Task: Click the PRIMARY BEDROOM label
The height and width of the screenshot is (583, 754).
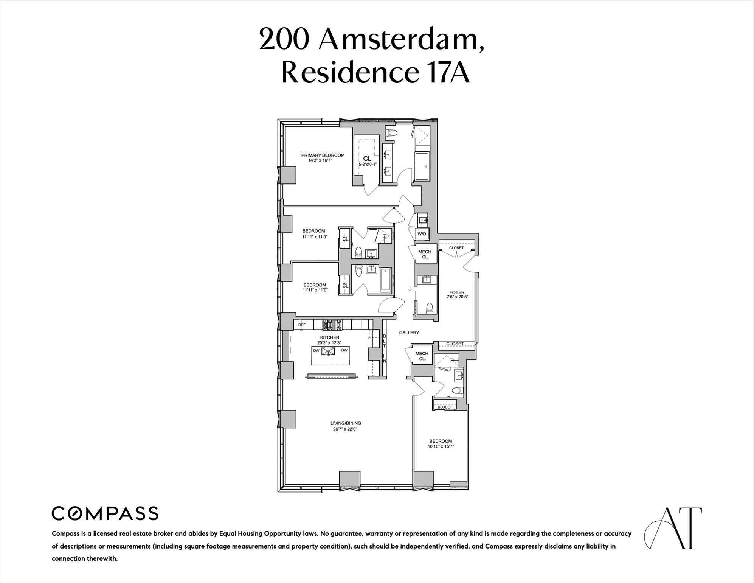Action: tap(323, 155)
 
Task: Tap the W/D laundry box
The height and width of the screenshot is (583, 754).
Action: tap(422, 234)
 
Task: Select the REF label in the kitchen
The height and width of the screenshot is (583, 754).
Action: tap(302, 325)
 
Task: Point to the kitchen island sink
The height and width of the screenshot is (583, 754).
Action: tap(328, 351)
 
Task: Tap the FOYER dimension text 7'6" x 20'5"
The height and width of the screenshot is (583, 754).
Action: tap(457, 297)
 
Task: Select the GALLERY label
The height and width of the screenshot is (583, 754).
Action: tap(409, 333)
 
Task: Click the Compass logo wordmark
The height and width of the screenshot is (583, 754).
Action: tap(105, 513)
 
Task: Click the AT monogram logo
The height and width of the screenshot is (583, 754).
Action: tap(673, 528)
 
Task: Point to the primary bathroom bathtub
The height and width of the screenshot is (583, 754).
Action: tap(422, 167)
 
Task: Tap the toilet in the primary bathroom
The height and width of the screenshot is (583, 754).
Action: tap(392, 133)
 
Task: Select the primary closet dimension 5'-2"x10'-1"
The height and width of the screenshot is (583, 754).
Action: tap(367, 165)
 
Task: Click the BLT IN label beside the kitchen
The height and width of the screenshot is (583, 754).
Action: tap(385, 348)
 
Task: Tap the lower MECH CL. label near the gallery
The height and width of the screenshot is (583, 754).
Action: tap(422, 356)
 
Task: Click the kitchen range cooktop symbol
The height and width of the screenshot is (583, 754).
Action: tap(332, 325)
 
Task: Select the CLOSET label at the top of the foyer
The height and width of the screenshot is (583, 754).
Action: tap(456, 248)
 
